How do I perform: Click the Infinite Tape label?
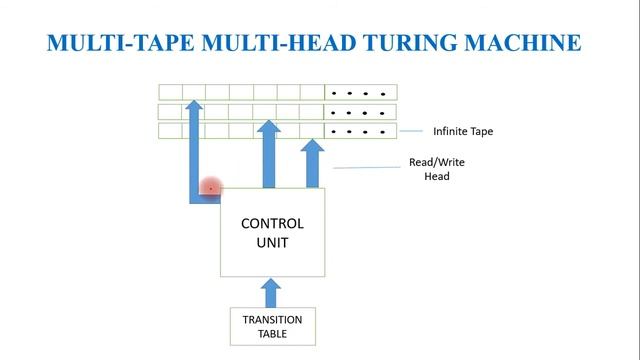pyautogui.click(x=462, y=131)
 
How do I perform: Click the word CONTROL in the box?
pyautogui.click(x=272, y=223)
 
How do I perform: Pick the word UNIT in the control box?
pyautogui.click(x=272, y=242)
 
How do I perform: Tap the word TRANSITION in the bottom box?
pyautogui.click(x=272, y=320)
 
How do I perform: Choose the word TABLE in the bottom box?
pyautogui.click(x=272, y=334)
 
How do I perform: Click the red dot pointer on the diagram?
pyautogui.click(x=211, y=187)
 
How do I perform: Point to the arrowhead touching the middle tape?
pyautogui.click(x=268, y=130)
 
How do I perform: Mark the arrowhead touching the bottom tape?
pyautogui.click(x=313, y=148)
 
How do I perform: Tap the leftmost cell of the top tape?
pyautogui.click(x=170, y=93)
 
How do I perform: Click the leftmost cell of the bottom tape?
pyautogui.click(x=170, y=131)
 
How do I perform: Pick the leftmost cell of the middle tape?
pyautogui.click(x=170, y=112)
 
